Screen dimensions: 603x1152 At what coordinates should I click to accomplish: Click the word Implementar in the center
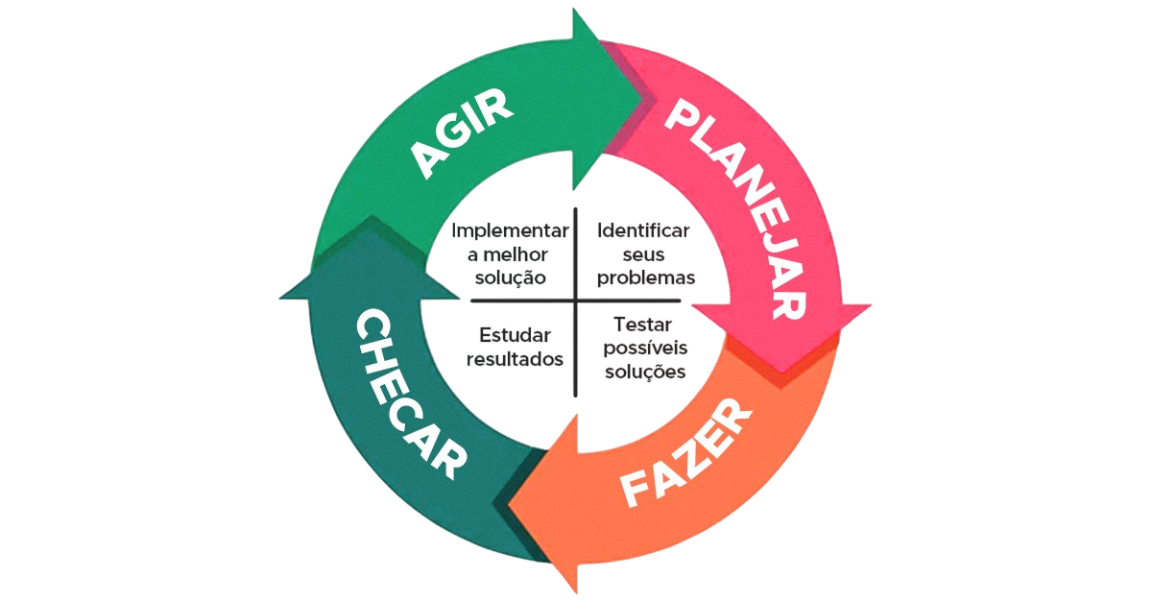pyautogui.click(x=511, y=231)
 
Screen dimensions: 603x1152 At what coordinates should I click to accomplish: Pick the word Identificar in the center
pyautogui.click(x=643, y=231)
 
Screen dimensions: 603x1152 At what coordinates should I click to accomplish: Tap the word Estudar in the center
pyautogui.click(x=515, y=336)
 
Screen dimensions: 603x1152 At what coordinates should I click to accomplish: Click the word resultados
pyautogui.click(x=515, y=359)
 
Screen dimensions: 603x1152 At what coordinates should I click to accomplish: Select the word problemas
pyautogui.click(x=645, y=277)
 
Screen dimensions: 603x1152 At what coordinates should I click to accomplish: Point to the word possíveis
pyautogui.click(x=644, y=348)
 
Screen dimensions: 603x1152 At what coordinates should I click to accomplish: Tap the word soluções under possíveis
pyautogui.click(x=645, y=371)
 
